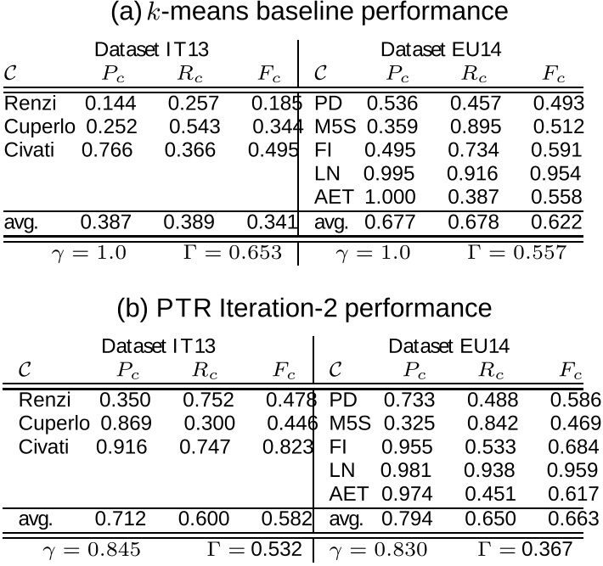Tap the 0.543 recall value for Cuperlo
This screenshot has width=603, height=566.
[194, 127]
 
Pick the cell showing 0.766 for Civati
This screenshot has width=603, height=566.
[107, 150]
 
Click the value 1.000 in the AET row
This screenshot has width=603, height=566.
[390, 197]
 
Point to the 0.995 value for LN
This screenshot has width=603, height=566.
[390, 173]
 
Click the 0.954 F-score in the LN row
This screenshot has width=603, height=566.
[556, 173]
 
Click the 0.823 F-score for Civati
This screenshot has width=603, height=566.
[289, 446]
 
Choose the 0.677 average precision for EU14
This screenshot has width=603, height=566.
[392, 222]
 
